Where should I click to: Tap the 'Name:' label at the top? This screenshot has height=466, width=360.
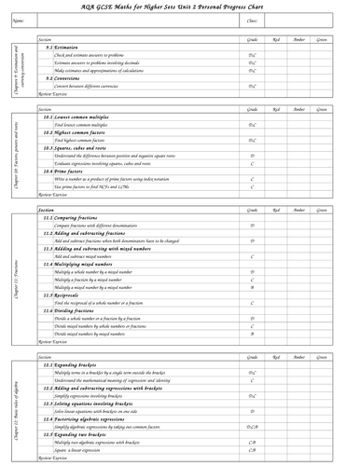[18, 20]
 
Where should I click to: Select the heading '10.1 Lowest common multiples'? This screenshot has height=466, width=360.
[83, 117]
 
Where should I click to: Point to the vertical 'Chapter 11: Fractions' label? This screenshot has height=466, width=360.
[17, 277]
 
